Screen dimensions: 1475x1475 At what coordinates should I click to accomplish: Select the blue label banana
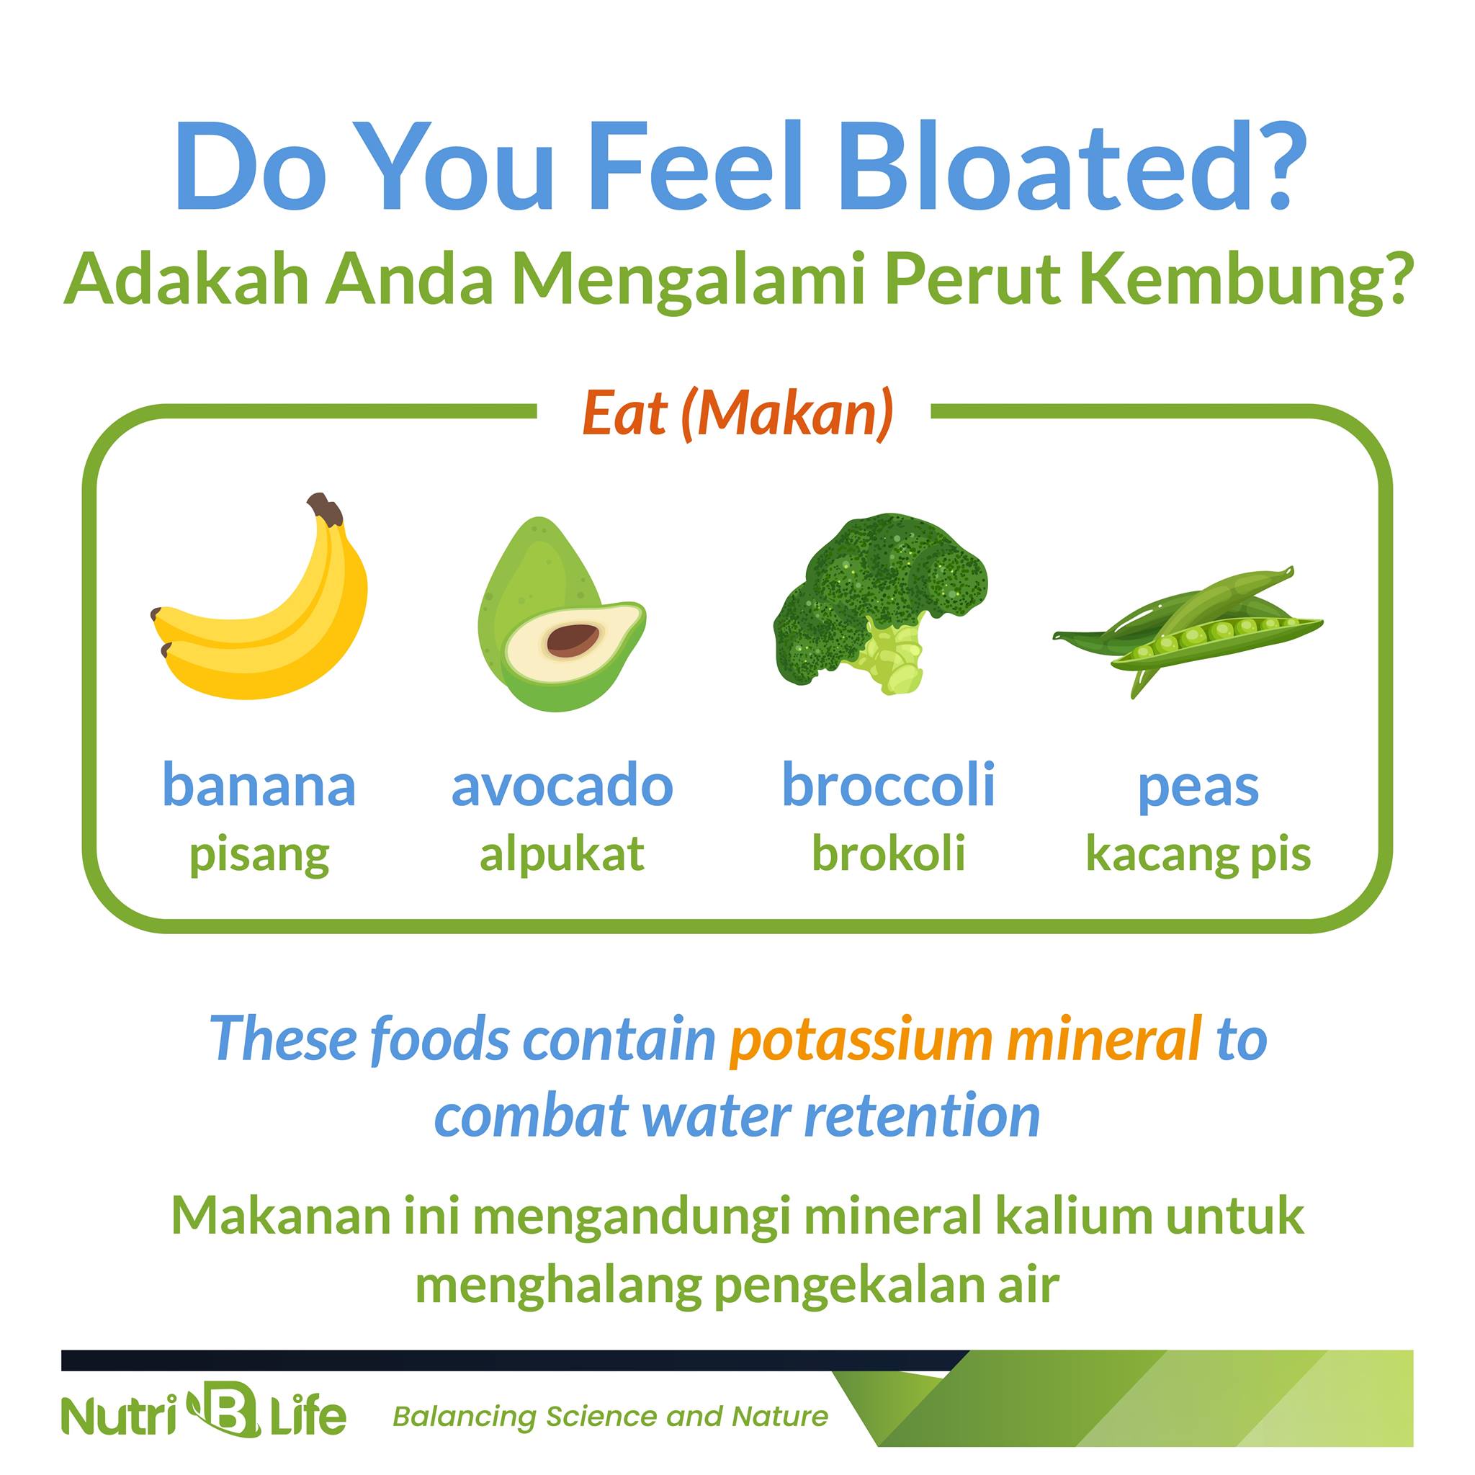click(259, 786)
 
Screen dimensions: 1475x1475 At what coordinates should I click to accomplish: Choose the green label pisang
click(259, 856)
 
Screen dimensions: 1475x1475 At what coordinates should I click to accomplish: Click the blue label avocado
click(562, 786)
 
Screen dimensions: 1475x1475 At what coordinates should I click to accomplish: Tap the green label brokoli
click(889, 853)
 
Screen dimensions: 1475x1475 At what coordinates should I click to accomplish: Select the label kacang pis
click(1198, 856)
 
